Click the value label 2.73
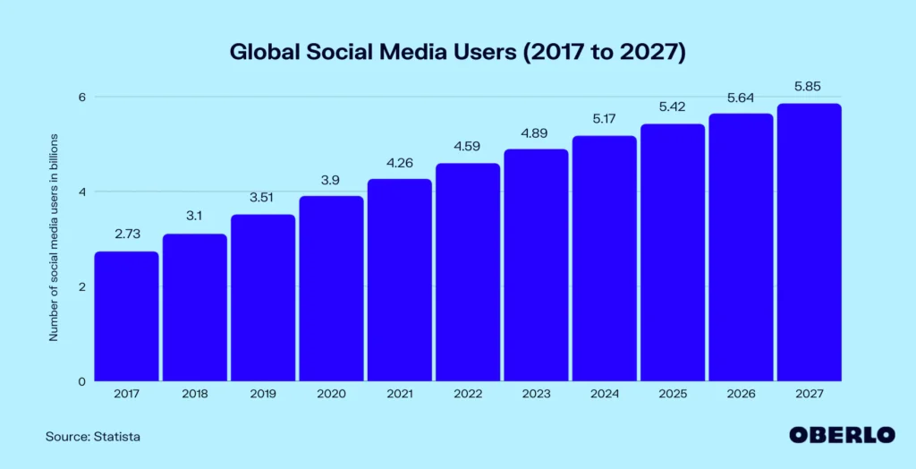click(x=126, y=234)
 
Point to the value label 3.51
click(x=263, y=198)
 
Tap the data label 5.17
click(x=604, y=119)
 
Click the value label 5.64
click(x=741, y=97)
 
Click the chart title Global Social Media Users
click(x=457, y=53)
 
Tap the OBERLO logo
click(x=841, y=435)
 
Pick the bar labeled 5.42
click(x=672, y=252)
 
